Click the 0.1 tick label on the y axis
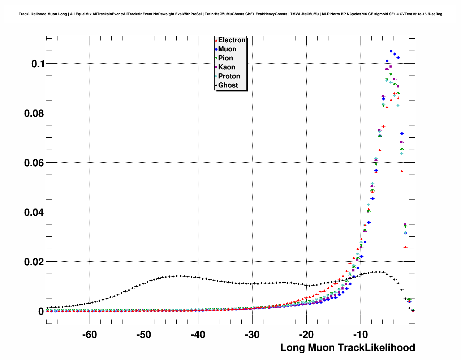click(x=38, y=64)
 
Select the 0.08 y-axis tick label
click(x=34, y=113)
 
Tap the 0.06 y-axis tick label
click(x=34, y=163)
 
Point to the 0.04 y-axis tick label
click(x=34, y=213)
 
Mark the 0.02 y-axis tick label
click(x=34, y=262)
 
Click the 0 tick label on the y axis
click(x=41, y=311)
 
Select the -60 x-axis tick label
click(x=90, y=335)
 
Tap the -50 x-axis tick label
click(x=144, y=335)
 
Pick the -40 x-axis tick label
click(x=198, y=335)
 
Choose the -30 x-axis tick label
click(x=252, y=335)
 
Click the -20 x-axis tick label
click(x=306, y=335)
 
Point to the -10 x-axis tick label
click(x=361, y=335)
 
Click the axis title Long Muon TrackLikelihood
click(x=348, y=348)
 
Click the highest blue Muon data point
click(x=391, y=51)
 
